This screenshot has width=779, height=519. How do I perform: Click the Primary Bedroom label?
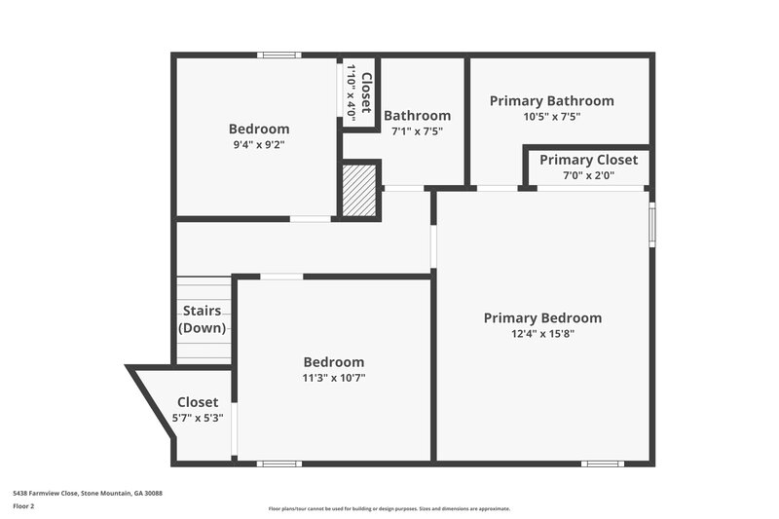(x=542, y=317)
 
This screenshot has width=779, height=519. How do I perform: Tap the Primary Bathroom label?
(x=551, y=100)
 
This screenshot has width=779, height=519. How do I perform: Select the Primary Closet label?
(x=588, y=160)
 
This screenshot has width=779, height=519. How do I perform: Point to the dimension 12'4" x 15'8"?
(x=542, y=334)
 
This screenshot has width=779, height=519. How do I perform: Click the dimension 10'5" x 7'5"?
(x=551, y=117)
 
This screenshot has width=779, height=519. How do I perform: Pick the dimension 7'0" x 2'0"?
(x=588, y=175)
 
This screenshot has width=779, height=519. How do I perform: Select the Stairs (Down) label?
(x=203, y=319)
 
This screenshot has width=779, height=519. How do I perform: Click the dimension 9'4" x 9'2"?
(x=259, y=144)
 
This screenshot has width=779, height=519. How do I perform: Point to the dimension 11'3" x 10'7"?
(x=333, y=378)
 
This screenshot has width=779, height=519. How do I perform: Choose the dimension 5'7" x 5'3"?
(x=198, y=418)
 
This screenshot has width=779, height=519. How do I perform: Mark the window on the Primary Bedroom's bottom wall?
(x=602, y=463)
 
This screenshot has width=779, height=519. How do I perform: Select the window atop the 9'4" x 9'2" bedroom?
(x=278, y=55)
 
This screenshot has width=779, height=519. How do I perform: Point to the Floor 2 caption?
(x=23, y=506)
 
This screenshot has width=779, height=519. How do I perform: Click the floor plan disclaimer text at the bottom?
(x=389, y=508)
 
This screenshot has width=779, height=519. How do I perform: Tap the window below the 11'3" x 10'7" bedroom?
(x=278, y=463)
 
